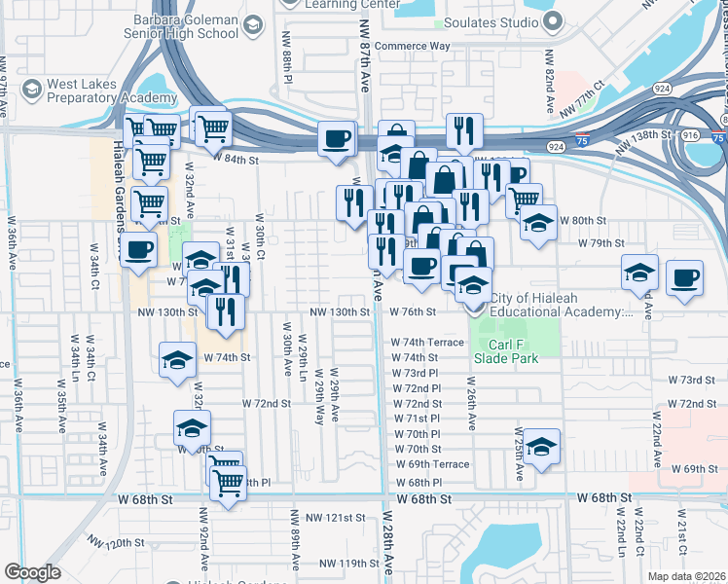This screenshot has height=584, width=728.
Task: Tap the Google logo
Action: coord(32,572)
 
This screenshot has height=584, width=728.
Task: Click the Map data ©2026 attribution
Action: coord(687,576)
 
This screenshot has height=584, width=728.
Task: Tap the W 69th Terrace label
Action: coord(432,464)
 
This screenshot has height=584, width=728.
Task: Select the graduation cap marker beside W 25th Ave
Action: coord(542,447)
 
